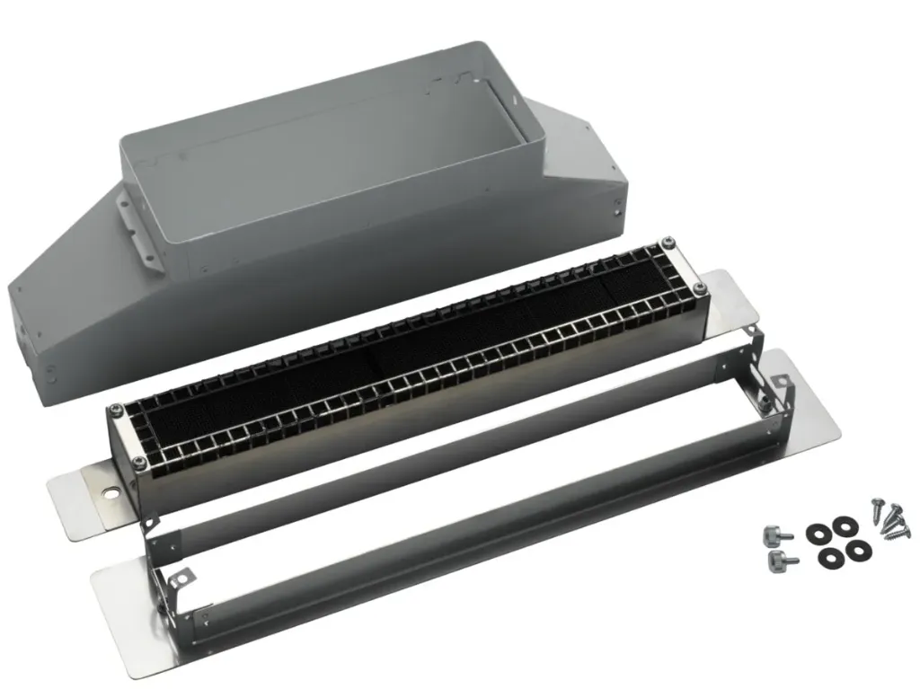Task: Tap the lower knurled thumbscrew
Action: pyautogui.click(x=778, y=561)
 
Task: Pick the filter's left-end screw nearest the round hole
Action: pyautogui.click(x=137, y=463)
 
